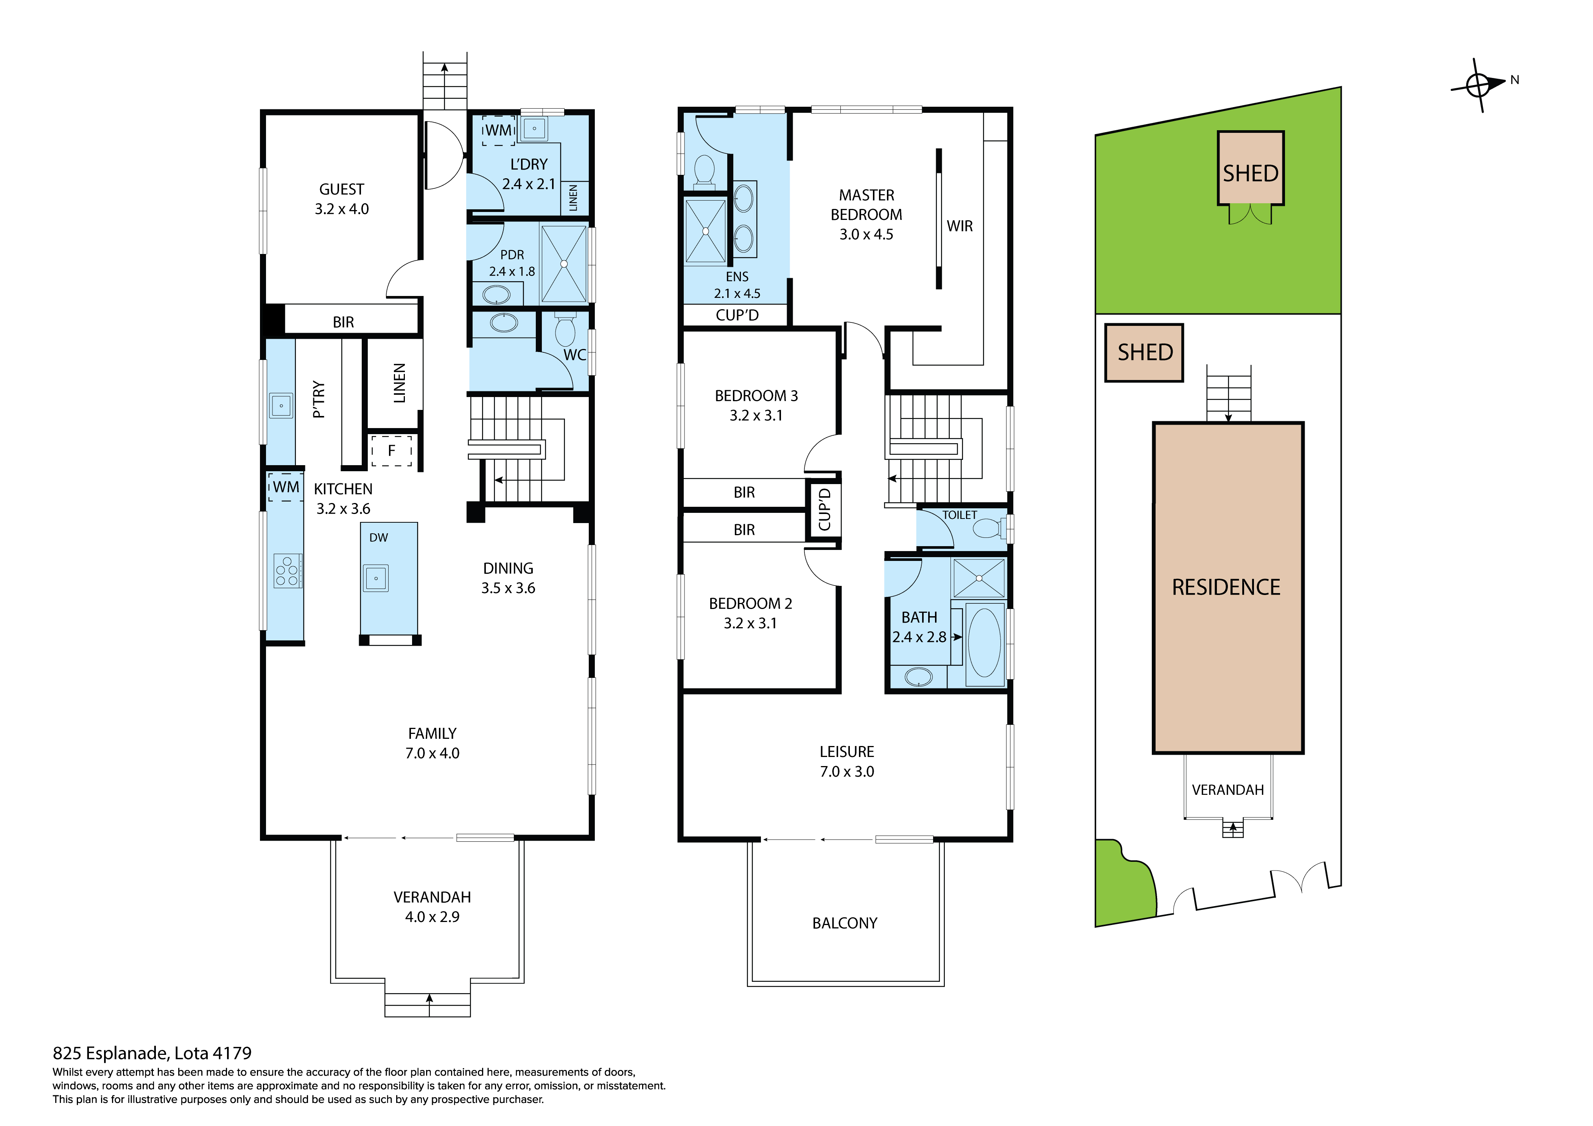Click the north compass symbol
click(1478, 86)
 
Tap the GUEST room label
click(341, 190)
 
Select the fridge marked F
click(391, 450)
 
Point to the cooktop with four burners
click(286, 571)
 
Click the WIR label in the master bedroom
click(960, 226)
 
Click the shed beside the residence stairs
click(1144, 353)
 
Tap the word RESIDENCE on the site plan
click(1226, 587)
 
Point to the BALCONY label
click(845, 923)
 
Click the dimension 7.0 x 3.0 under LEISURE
click(846, 771)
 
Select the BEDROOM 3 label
click(756, 396)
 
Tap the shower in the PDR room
click(563, 264)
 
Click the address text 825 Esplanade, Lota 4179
click(152, 1053)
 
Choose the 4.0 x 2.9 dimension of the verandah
click(432, 917)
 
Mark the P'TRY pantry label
click(319, 399)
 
